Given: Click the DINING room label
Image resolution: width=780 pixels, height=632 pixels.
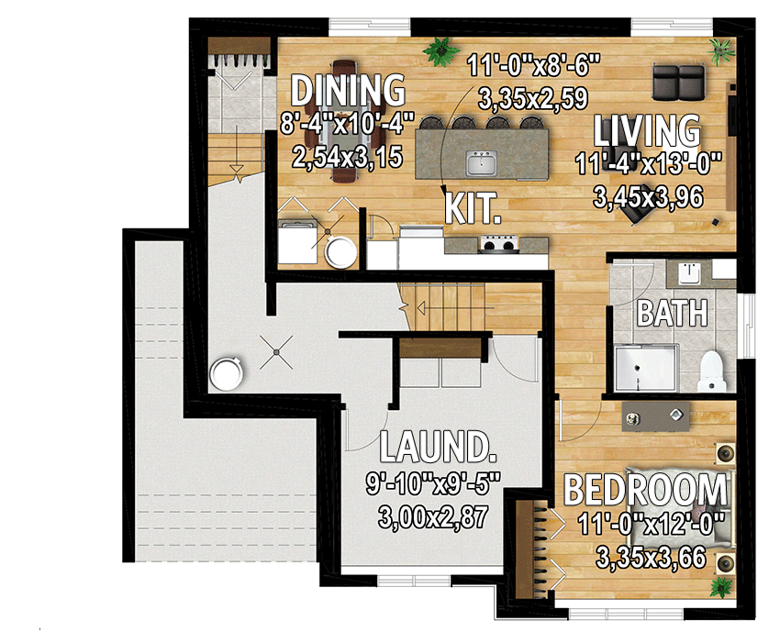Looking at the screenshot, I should (x=348, y=91).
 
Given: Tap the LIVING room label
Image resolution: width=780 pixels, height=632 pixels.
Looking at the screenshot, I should (x=647, y=131).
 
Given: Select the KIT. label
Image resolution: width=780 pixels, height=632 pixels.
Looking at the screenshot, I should (x=473, y=207).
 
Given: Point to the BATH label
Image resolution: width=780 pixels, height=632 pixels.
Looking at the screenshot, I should (x=673, y=314).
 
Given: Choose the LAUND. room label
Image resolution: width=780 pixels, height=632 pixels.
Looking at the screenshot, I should (x=438, y=449).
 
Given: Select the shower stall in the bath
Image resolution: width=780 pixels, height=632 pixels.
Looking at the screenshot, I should (x=645, y=372).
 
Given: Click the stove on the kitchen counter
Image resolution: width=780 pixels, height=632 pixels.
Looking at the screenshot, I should (x=499, y=243).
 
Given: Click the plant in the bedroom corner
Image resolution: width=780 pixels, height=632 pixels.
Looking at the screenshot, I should (x=723, y=584).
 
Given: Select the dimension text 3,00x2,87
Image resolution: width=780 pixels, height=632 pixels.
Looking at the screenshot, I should (x=431, y=518).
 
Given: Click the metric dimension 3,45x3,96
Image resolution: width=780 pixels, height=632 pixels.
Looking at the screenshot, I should (x=652, y=196).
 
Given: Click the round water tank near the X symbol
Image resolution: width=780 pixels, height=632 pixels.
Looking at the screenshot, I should (x=226, y=373).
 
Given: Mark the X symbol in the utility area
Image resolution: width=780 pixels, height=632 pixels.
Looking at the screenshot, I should (x=276, y=347).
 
